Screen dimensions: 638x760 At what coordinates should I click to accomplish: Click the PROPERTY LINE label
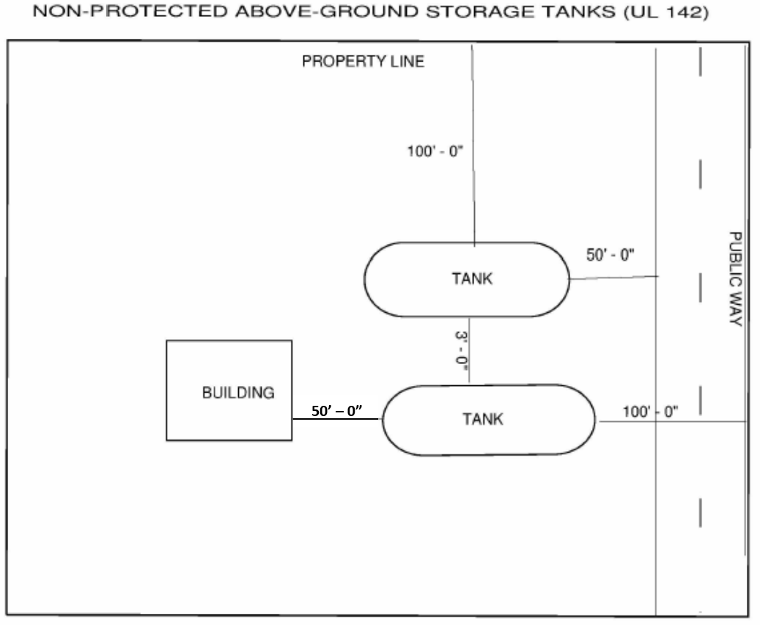pos(363,62)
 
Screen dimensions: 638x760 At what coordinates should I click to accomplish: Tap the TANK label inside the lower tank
pos(483,419)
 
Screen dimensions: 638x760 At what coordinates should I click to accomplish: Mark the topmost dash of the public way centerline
pos(701,62)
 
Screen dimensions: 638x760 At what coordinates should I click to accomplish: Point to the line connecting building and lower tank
pos(337,420)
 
